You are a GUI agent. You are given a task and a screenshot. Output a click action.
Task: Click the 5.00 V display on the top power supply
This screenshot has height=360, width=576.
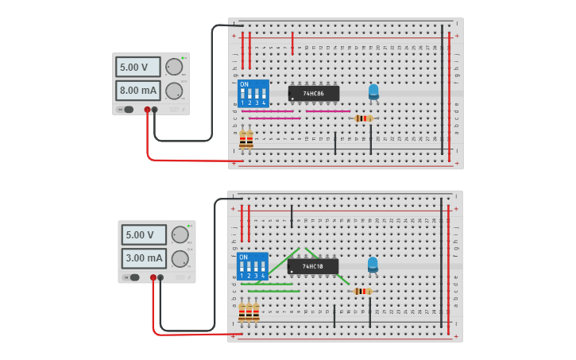point(137,67)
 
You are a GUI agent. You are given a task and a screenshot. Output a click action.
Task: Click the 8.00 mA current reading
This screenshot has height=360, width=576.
point(137,91)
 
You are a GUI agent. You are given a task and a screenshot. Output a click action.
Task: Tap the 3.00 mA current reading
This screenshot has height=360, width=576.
point(143,258)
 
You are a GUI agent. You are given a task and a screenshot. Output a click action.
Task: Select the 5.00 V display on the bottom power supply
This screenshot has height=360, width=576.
point(143,235)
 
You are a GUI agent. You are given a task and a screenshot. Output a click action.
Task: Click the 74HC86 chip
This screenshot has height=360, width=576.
point(314,94)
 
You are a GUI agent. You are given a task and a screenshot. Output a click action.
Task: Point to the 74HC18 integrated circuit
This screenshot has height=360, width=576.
point(313,266)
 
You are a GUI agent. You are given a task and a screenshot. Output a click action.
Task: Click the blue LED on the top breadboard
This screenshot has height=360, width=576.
point(373,91)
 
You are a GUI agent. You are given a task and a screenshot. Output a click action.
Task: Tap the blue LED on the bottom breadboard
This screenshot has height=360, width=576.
point(373,264)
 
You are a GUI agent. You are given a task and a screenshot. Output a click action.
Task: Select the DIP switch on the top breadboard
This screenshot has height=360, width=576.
point(253,94)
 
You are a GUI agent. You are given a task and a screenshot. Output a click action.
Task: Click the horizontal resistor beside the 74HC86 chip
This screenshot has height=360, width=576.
point(363,118)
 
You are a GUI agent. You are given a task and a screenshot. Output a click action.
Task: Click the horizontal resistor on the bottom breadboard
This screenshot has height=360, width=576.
point(362,291)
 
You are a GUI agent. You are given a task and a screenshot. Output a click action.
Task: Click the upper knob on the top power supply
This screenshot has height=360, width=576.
point(173,67)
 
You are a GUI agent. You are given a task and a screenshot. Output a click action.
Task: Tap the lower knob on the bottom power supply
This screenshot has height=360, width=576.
point(180,258)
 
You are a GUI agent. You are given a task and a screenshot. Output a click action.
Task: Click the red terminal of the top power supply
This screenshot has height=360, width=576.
point(147,110)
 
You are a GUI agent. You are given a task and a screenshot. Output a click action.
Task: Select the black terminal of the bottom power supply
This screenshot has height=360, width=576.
point(160,277)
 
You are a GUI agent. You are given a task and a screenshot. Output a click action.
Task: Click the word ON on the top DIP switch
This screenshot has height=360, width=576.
point(244,85)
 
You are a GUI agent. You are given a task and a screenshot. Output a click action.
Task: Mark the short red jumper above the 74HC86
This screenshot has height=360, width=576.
point(292,44)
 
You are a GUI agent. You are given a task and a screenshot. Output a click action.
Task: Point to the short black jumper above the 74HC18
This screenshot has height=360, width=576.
point(292,215)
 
